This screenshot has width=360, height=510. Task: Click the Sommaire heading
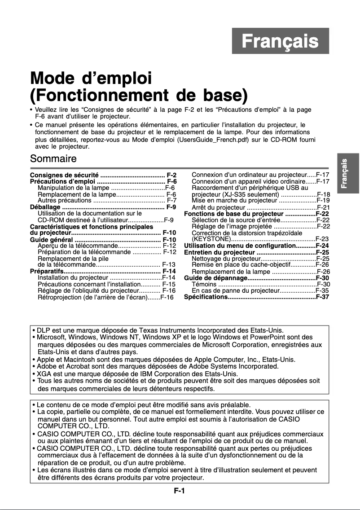click(x=53, y=158)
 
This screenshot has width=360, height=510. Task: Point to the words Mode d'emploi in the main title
click(x=90, y=79)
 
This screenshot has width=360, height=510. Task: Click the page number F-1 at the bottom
click(x=180, y=491)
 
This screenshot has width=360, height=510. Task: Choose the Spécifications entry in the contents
click(x=206, y=297)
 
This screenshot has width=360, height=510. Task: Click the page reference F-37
click(x=323, y=297)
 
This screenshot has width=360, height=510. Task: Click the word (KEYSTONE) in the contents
click(x=209, y=239)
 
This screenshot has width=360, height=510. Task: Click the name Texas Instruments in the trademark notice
click(x=157, y=330)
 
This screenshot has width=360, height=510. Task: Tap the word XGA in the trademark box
click(x=44, y=374)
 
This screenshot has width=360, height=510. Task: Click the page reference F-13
click(x=169, y=264)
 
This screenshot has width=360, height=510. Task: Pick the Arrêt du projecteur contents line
click(x=218, y=207)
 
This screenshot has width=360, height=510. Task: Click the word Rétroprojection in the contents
click(x=60, y=297)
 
